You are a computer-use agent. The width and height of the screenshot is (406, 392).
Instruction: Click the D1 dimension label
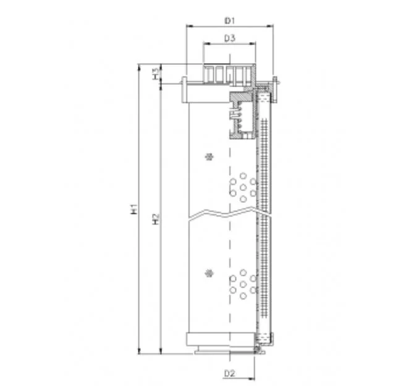pos(230,20)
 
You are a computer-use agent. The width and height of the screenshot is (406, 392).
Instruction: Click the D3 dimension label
pos(230,38)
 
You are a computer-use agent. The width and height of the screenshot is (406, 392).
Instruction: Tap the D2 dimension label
pos(229,373)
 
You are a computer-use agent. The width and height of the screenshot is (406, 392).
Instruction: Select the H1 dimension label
pos(134,209)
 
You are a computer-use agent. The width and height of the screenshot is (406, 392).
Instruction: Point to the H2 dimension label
pos(156,219)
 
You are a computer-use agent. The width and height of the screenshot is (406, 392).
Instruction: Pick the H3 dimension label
pos(156,74)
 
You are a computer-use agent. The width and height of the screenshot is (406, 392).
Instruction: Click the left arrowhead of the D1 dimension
pos(190,26)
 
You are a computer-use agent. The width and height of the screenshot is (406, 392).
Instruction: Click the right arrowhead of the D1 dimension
pos(270,26)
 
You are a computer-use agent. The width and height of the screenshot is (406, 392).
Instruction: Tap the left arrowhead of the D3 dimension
pos(206,43)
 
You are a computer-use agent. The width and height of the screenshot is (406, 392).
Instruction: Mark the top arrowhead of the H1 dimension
pos(139,67)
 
